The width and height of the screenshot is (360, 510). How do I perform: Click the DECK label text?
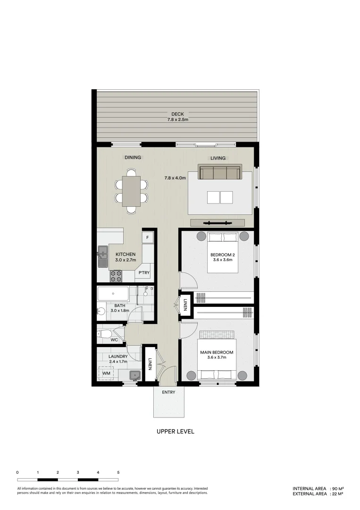coord(178,114)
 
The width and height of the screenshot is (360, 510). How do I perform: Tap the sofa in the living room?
coord(219,172)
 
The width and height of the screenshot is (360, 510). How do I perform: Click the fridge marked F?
coord(148,238)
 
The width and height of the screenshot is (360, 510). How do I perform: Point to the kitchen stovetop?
coord(116,275)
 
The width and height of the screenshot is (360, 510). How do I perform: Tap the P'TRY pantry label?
coord(144,273)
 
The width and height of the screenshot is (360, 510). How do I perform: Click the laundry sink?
coord(135,375)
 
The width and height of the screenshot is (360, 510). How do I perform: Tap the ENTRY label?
coord(168,392)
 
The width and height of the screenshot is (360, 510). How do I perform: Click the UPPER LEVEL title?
coord(175,432)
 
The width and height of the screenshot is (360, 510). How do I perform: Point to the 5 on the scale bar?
coord(118,472)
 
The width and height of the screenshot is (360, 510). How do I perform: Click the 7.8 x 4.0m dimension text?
coord(175,178)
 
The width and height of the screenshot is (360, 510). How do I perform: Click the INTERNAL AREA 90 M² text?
coord(318,488)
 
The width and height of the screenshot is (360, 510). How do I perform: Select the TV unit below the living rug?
coord(217,223)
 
